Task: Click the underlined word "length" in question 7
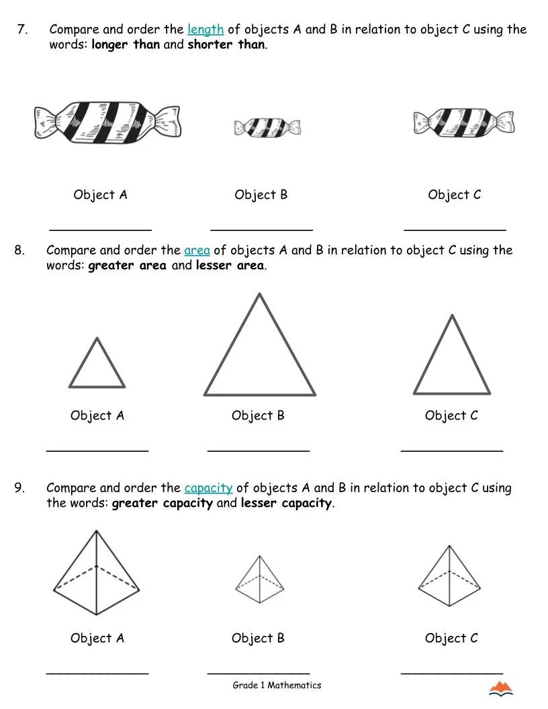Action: click(205, 30)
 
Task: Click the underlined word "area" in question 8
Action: click(197, 250)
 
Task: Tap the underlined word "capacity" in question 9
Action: click(208, 488)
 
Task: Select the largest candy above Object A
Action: click(107, 122)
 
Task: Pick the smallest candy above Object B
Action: click(267, 127)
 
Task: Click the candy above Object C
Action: click(464, 122)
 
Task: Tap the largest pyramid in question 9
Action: click(96, 574)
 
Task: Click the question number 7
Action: click(22, 30)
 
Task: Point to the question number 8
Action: click(19, 250)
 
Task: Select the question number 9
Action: click(19, 488)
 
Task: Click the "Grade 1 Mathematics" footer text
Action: click(277, 686)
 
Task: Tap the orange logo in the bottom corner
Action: click(500, 688)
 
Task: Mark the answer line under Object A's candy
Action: click(101, 229)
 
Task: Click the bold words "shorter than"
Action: click(226, 45)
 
